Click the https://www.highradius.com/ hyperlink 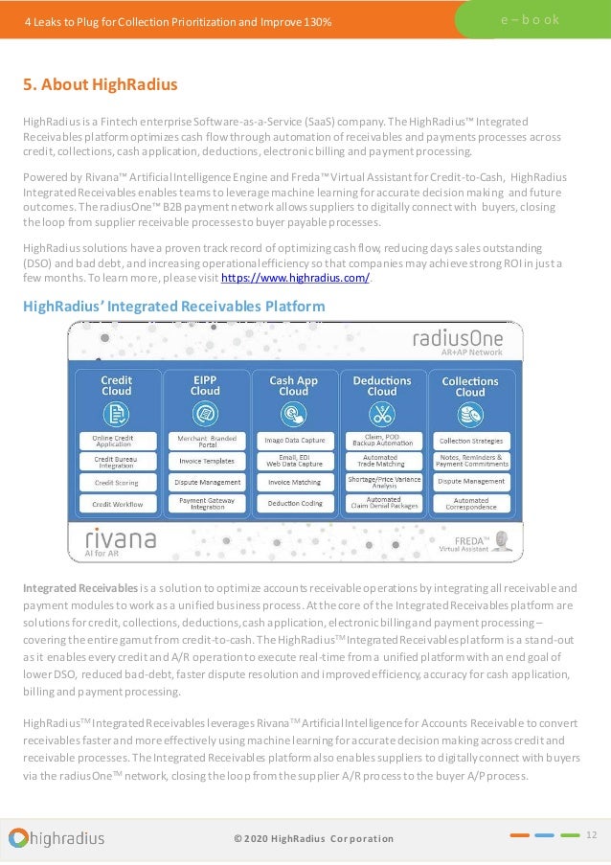pyautogui.click(x=295, y=278)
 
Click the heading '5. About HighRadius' pyautogui.click(x=101, y=84)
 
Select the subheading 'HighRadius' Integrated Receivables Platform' pyautogui.click(x=173, y=307)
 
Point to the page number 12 pyautogui.click(x=591, y=835)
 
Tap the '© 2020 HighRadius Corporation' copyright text pyautogui.click(x=313, y=839)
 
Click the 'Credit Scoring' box pyautogui.click(x=117, y=482)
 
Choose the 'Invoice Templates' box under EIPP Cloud pyautogui.click(x=205, y=461)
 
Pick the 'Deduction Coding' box pyautogui.click(x=294, y=503)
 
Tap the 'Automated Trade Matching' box pyautogui.click(x=382, y=461)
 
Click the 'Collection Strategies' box pyautogui.click(x=470, y=441)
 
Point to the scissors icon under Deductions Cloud pyautogui.click(x=382, y=415)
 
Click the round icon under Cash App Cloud pyautogui.click(x=294, y=415)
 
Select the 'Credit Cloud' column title pyautogui.click(x=117, y=385)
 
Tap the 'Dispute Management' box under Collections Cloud pyautogui.click(x=470, y=482)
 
